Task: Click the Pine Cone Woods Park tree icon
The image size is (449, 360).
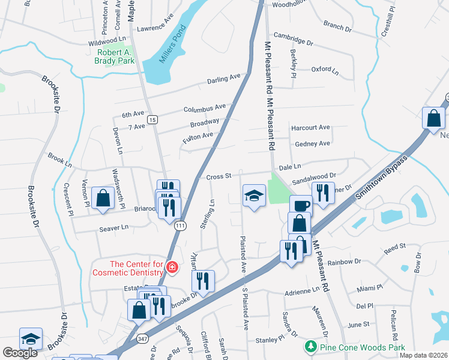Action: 310,347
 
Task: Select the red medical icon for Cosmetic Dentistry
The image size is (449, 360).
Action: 172,266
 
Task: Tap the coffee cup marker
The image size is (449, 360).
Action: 301,206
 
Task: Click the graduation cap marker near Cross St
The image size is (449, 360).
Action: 254,196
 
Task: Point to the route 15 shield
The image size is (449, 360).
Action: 153,120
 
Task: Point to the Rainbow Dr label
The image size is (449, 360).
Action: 361,261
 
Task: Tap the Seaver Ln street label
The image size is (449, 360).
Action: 115,227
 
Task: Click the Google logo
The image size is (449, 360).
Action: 20,353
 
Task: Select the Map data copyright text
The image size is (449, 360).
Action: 423,355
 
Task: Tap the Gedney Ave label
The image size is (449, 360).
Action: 312,143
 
